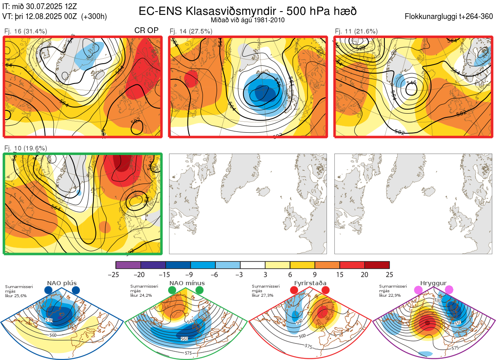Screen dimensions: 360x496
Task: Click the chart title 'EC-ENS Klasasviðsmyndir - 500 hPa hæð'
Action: [248, 11]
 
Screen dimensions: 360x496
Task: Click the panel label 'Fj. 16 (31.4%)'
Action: [25, 31]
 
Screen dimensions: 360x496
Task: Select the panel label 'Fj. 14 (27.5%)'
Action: [191, 31]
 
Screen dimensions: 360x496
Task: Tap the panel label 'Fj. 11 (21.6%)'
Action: [356, 31]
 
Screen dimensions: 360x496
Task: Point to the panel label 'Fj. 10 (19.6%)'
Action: [25, 148]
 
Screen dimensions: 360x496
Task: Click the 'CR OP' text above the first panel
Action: [147, 31]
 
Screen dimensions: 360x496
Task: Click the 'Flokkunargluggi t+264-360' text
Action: [450, 17]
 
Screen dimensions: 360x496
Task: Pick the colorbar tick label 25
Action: [389, 274]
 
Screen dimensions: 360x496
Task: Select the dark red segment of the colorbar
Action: [377, 265]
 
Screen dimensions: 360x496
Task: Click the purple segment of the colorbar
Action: [128, 265]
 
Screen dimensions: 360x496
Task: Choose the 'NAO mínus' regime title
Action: [187, 283]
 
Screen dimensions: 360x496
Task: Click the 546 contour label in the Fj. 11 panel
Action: [411, 83]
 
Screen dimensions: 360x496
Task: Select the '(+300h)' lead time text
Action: [94, 17]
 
